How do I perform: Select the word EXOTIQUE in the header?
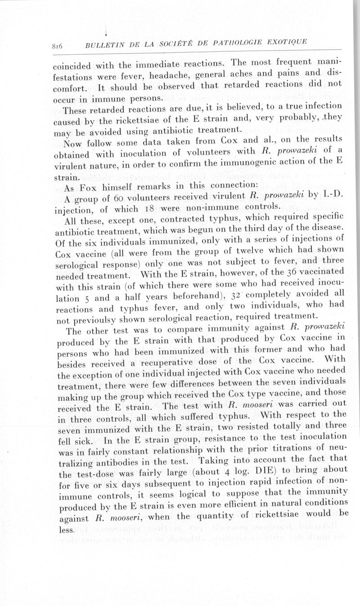click(x=286, y=42)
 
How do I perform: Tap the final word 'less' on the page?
click(x=66, y=530)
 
